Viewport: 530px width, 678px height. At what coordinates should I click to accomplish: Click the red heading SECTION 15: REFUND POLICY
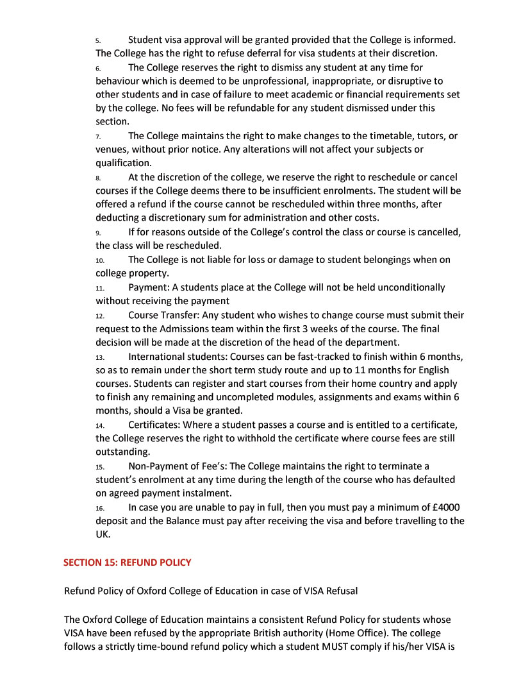tap(127, 563)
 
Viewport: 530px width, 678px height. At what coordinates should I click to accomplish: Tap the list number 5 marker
tap(98, 40)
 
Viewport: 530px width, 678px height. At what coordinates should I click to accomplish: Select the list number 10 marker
tap(100, 260)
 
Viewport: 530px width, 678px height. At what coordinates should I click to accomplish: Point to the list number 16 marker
tap(100, 507)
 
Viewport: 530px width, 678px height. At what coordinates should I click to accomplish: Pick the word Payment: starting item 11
tap(149, 287)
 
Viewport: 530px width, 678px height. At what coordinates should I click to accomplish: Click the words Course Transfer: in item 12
tap(164, 315)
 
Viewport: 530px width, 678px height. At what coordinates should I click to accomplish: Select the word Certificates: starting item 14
tap(156, 425)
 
